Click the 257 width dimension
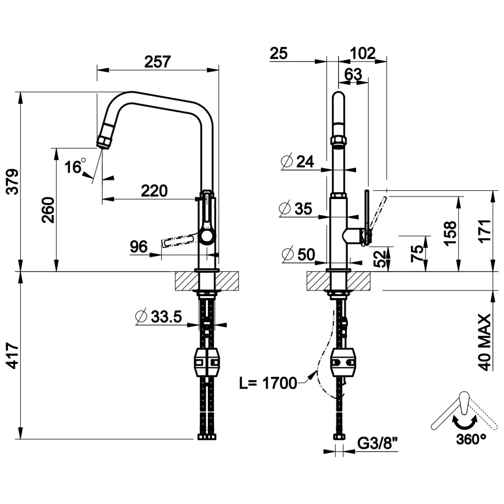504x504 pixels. pos(157,61)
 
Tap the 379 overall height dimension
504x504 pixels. pos(13,182)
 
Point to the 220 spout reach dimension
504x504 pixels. pos(154,191)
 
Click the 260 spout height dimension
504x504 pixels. pos(48,210)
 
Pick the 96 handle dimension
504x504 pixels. pos(139,247)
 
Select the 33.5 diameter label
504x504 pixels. pos(158,317)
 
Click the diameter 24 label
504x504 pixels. pos(297,162)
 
